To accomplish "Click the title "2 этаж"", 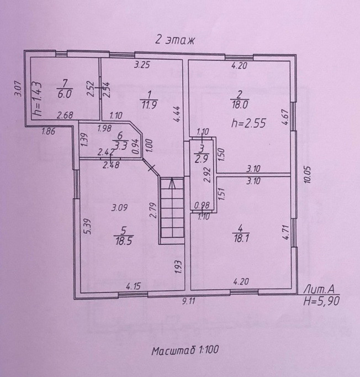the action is (174, 40).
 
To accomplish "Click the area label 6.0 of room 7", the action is (65, 94).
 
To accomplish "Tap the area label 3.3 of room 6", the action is (119, 146).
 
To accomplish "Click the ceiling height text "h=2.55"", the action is (243, 123).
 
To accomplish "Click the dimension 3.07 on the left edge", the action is (17, 88).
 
